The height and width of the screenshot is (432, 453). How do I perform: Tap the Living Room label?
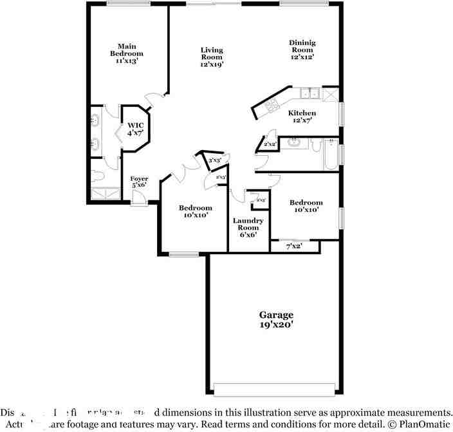(212, 57)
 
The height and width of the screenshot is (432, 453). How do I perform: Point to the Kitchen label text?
(302, 117)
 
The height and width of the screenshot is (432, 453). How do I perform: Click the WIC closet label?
(135, 129)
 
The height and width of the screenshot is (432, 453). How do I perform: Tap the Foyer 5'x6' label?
(139, 182)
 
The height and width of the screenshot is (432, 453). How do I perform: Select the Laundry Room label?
(248, 227)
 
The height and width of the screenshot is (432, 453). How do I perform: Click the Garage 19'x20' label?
(276, 320)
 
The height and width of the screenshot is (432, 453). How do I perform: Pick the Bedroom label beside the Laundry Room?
(195, 212)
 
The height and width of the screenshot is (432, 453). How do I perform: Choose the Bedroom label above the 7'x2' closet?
(306, 206)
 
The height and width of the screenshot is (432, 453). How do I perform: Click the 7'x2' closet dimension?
(293, 246)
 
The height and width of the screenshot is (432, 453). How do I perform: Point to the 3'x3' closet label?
(215, 160)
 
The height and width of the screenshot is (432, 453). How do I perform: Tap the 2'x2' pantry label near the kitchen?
(270, 144)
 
